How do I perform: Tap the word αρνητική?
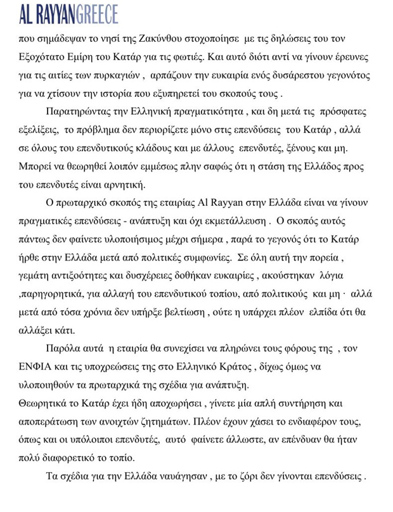coord(126,185)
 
